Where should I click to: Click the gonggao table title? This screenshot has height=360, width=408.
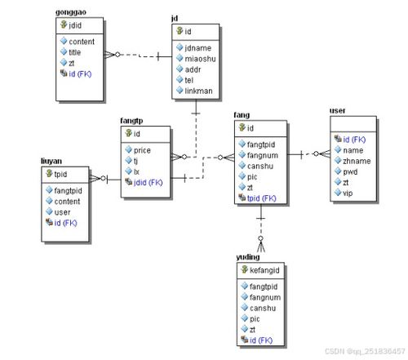[71, 12]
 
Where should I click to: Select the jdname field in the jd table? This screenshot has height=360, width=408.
[198, 48]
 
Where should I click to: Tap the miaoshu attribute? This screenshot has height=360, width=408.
[200, 59]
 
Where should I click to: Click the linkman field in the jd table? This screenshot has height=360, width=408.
[198, 91]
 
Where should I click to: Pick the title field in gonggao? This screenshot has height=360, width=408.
[75, 52]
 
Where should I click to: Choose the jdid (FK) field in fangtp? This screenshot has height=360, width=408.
[148, 183]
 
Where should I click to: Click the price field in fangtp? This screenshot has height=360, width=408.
[142, 150]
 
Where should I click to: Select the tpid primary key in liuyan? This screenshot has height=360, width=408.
[60, 174]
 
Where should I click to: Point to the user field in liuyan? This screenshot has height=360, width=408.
[62, 212]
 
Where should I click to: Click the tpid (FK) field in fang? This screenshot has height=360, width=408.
[261, 198]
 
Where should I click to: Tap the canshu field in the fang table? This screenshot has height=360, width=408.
[260, 166]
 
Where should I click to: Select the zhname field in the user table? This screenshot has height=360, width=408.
[357, 161]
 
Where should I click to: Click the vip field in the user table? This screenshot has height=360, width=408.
[348, 193]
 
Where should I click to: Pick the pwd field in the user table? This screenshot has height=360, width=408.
[350, 172]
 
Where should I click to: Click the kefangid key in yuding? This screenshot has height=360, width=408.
[264, 270]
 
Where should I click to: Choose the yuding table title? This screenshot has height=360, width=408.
[248, 257]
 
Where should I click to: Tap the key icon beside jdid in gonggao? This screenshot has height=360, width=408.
[64, 24]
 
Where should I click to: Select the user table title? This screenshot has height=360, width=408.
[337, 111]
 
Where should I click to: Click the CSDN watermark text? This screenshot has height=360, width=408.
[365, 351]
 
